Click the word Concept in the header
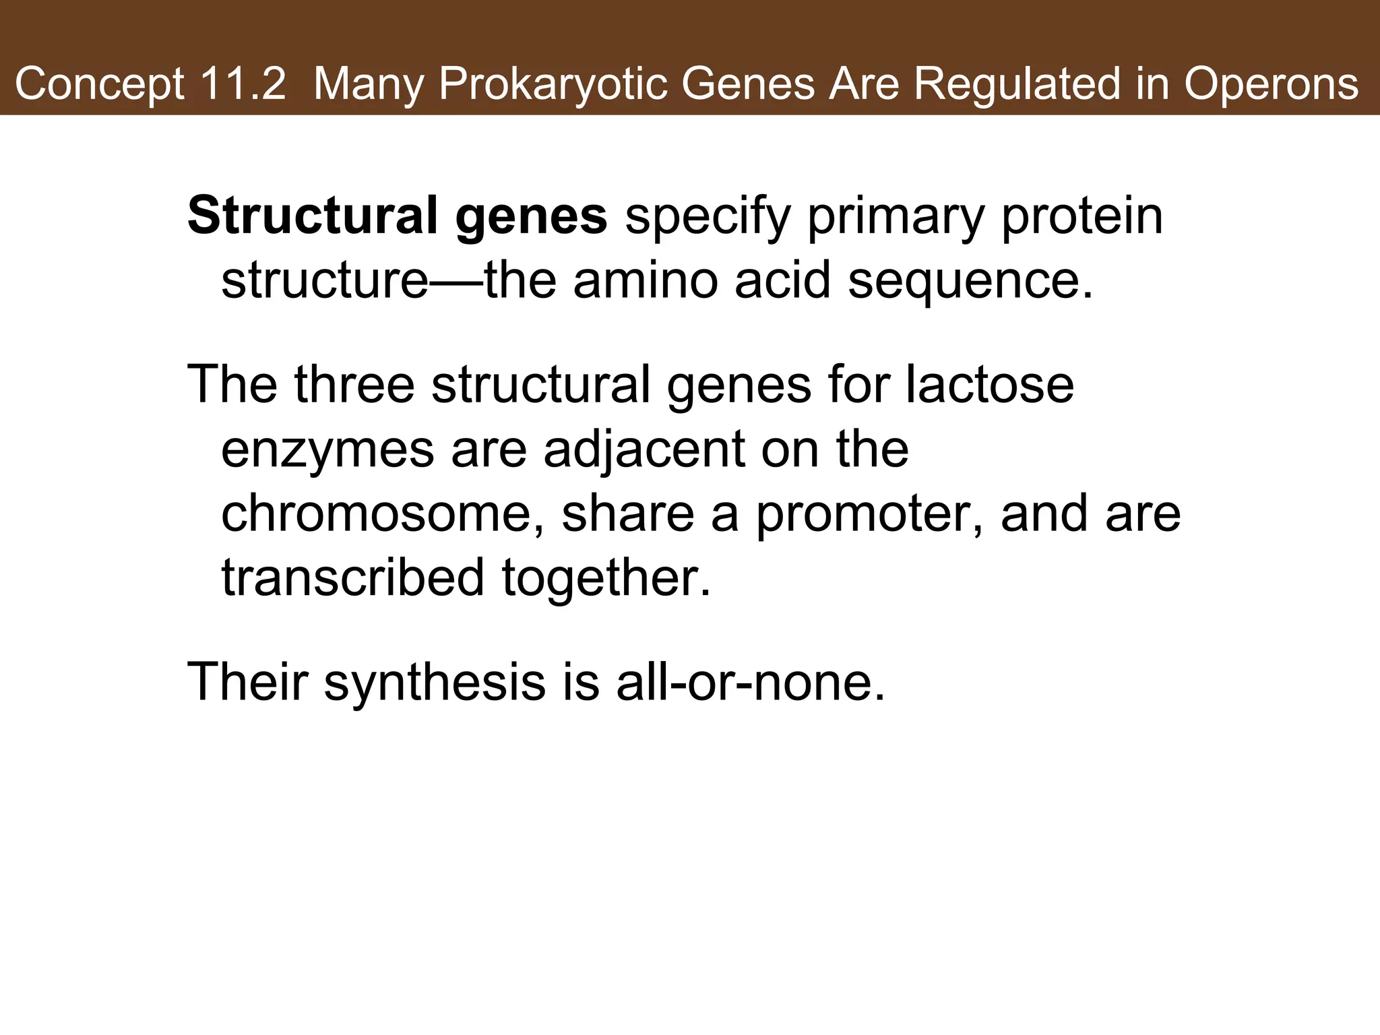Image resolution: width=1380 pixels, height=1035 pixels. (x=100, y=85)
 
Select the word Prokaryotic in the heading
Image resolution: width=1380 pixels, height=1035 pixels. (x=552, y=85)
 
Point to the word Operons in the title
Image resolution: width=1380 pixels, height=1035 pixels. (x=1272, y=85)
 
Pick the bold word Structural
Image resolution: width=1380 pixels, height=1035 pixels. (x=313, y=216)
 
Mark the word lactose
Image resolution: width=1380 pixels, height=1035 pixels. (x=989, y=384)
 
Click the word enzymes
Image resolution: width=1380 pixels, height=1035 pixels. (x=327, y=450)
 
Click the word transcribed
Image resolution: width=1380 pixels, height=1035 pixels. (x=352, y=578)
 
